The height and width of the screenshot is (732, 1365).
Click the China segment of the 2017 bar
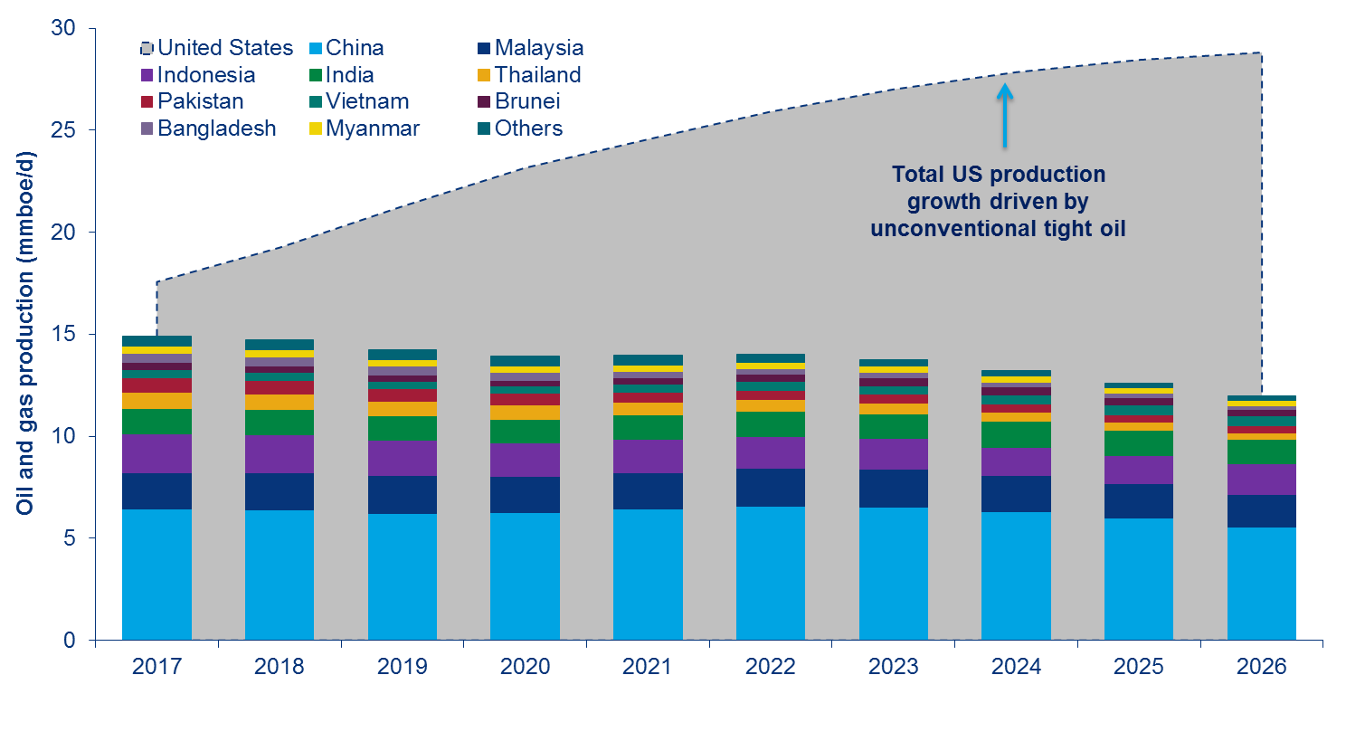[156, 575]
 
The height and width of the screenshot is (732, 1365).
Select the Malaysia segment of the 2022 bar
[770, 488]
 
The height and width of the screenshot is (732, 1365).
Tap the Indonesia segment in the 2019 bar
[402, 459]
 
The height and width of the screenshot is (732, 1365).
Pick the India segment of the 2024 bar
[1016, 435]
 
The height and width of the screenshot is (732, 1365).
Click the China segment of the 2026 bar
[1261, 584]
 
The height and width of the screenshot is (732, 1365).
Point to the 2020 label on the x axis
[525, 668]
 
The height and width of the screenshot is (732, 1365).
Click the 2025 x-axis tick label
[1139, 668]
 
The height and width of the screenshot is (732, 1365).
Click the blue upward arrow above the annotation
[1004, 114]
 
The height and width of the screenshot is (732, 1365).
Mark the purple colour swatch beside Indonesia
[147, 75]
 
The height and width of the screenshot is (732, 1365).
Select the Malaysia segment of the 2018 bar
[280, 491]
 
